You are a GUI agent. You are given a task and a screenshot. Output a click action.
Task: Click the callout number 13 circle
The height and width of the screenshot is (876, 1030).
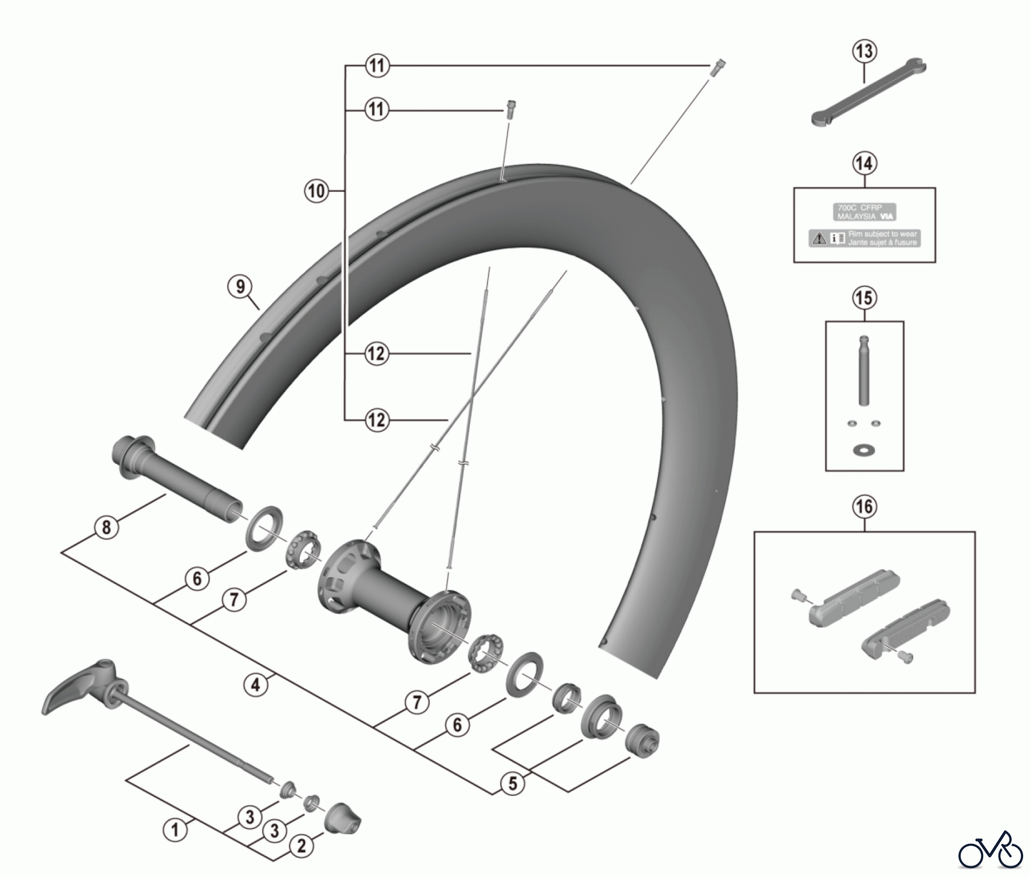click(864, 51)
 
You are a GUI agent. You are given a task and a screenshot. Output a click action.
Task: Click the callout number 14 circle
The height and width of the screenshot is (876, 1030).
click(864, 163)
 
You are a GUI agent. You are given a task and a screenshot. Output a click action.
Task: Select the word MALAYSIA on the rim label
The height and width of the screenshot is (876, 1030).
click(857, 217)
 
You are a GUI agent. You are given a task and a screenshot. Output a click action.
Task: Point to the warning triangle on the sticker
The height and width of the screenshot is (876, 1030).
click(819, 238)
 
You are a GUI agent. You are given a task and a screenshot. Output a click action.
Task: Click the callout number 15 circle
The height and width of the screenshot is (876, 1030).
click(864, 298)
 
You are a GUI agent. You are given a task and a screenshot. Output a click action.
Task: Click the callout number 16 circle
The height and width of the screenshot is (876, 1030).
click(864, 506)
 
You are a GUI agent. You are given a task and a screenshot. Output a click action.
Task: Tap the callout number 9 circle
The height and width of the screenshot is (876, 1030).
click(240, 286)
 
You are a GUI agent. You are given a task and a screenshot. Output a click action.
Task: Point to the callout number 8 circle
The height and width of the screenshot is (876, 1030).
click(106, 527)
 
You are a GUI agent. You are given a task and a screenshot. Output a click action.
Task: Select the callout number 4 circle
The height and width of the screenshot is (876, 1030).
click(256, 684)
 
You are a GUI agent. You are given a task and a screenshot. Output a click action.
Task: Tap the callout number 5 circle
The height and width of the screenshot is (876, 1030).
click(512, 783)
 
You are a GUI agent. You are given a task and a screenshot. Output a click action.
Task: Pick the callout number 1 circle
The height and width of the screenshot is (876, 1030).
click(175, 829)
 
